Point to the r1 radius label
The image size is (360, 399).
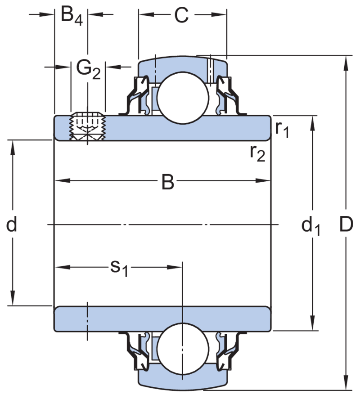(x=282, y=130)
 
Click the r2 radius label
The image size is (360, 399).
(x=258, y=153)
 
